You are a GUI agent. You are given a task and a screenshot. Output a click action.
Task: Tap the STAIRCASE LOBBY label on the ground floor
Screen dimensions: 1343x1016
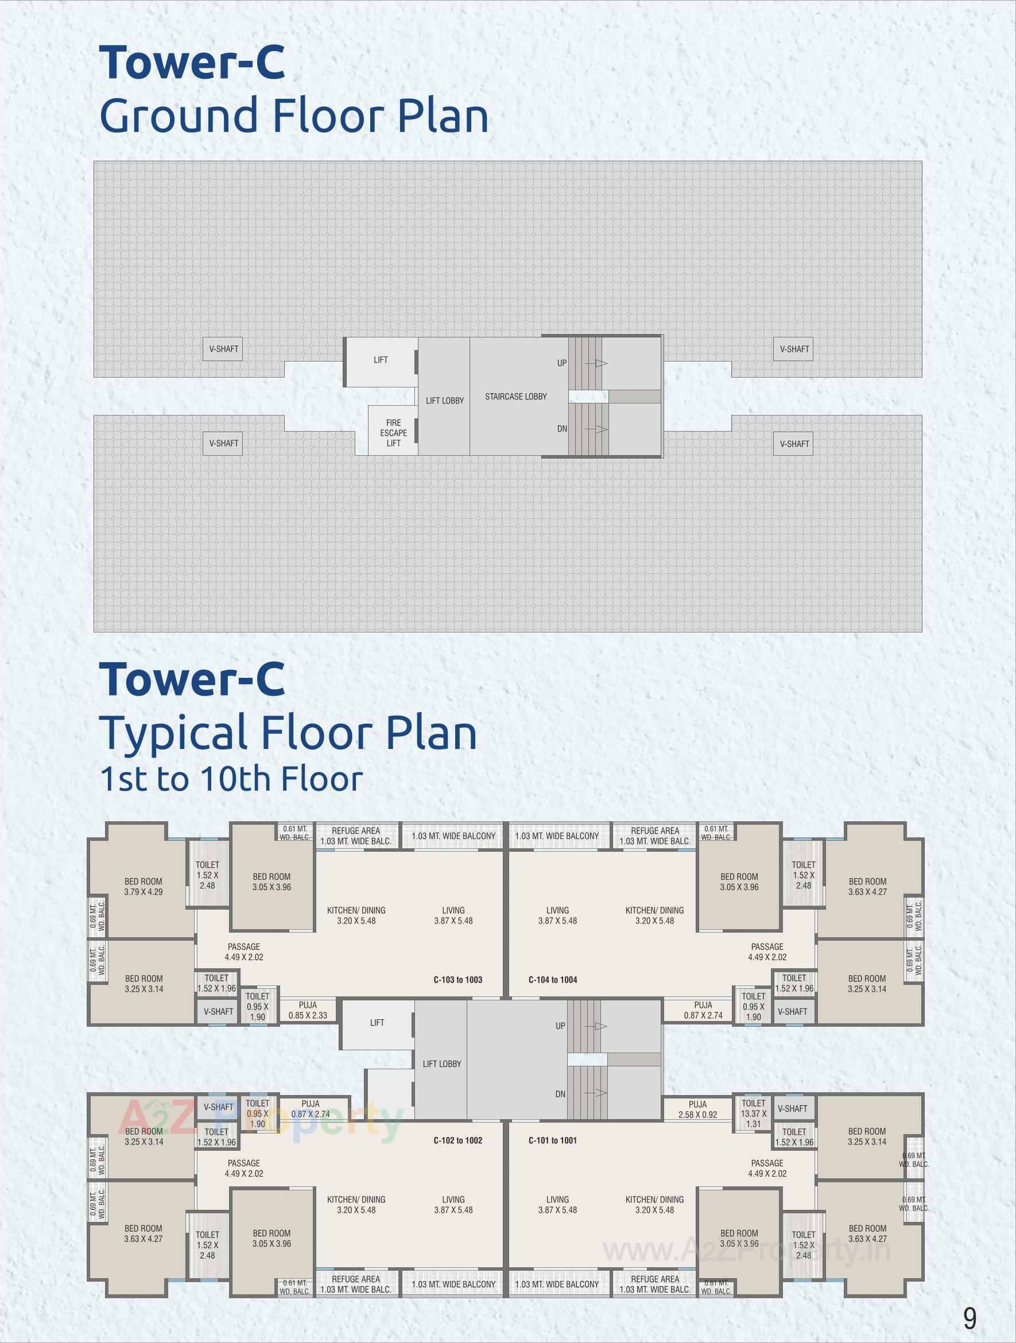[515, 397]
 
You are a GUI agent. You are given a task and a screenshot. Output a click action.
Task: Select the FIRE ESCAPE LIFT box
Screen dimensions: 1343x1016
[393, 432]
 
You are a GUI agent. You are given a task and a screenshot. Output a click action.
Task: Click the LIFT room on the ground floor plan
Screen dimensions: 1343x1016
[381, 360]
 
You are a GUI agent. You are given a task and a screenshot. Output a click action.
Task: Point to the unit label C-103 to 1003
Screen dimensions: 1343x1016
[458, 979]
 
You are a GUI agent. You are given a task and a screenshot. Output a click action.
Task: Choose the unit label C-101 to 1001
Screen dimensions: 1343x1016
[553, 1140]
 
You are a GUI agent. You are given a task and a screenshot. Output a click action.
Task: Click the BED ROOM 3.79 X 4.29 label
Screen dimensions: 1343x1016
[144, 886]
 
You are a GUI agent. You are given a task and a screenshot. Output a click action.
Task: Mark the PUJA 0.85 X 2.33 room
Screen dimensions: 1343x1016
[308, 1010]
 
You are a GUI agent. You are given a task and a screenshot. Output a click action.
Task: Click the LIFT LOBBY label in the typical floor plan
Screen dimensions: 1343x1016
[442, 1063]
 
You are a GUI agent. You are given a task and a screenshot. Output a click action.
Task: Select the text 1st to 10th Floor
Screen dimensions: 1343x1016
[231, 779]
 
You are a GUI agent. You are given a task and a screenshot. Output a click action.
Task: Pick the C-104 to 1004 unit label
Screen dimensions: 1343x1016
[553, 979]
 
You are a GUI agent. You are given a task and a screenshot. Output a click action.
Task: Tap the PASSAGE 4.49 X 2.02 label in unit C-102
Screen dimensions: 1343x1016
[244, 1168]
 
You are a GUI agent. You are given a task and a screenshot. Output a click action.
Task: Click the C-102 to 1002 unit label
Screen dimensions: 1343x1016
[458, 1140]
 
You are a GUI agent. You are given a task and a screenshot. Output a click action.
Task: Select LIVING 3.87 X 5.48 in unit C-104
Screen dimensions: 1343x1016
[557, 915]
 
